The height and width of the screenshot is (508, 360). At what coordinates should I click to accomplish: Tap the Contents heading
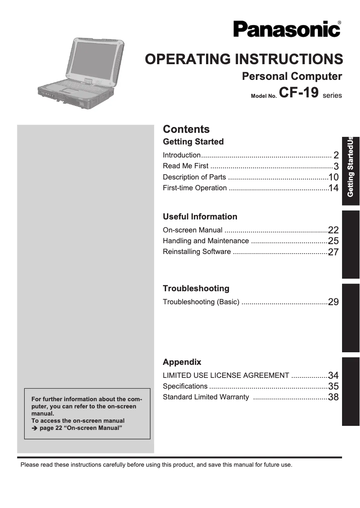coord(186,129)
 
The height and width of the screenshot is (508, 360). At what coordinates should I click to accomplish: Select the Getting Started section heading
coord(193,142)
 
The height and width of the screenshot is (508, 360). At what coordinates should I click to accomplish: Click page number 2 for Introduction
coord(336,155)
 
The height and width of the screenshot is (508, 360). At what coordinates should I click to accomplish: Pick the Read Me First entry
coord(185,166)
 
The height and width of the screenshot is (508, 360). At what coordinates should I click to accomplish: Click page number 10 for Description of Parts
coord(333,177)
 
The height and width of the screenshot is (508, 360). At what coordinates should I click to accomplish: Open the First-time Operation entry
coord(194,188)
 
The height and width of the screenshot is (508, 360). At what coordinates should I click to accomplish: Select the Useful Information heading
coord(200,217)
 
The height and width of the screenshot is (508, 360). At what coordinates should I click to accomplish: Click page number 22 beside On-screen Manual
coord(333,230)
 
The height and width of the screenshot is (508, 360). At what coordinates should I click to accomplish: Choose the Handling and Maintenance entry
coord(206,241)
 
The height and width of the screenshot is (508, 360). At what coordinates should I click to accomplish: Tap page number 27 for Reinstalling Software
coord(333,252)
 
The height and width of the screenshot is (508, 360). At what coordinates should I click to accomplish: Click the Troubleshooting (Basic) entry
coord(201,302)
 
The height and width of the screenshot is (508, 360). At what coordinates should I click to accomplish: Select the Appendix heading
coord(182,362)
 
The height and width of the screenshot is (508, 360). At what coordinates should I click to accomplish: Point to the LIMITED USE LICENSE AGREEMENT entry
coord(226,376)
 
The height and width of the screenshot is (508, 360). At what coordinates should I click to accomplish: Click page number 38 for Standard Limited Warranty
coord(333,397)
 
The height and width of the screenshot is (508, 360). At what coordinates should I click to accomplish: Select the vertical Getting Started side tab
coord(351,166)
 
